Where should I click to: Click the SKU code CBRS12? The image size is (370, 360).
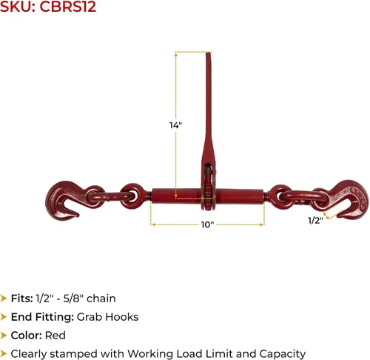[x=67, y=7]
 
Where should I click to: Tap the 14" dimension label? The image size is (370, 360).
[x=175, y=125]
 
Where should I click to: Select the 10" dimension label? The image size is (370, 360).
[x=207, y=224]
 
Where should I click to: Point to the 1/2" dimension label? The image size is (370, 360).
[x=315, y=220]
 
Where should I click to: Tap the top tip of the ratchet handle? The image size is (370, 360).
[x=209, y=53]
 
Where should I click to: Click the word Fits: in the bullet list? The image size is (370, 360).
[x=22, y=299]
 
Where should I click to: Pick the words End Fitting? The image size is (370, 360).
[x=42, y=317]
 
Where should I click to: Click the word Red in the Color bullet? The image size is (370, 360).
[x=55, y=336]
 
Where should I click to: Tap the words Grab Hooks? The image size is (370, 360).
[x=108, y=317]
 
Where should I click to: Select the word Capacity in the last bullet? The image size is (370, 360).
[x=283, y=354]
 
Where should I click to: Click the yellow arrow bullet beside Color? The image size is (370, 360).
[x=4, y=336]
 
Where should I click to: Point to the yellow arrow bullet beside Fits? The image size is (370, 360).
[x=4, y=299]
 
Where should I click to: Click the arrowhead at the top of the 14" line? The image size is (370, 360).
[x=176, y=55]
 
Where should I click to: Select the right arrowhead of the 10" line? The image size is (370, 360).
[x=262, y=224]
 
